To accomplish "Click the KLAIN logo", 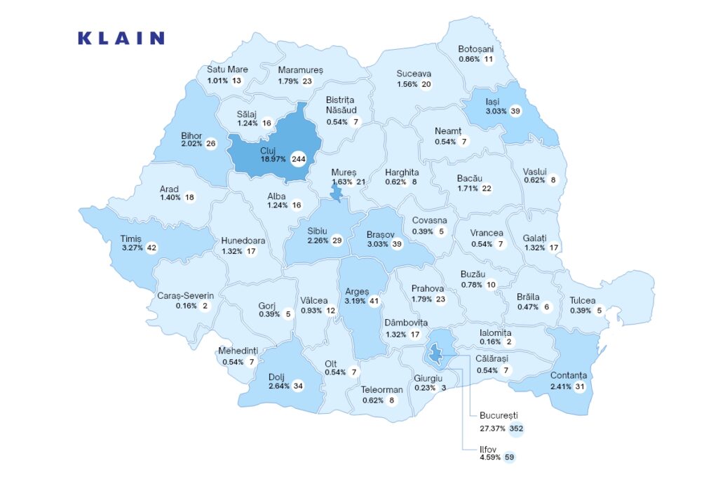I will point(121,39).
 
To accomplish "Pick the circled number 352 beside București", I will point(517,429).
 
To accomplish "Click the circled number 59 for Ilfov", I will point(509,458).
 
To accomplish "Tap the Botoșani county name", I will point(476,49).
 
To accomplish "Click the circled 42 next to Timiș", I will point(151,248).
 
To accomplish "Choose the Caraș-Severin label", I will point(185,296).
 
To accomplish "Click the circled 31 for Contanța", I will point(579,386).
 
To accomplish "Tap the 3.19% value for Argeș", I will point(355,302).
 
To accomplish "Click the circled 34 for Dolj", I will point(298,386).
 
